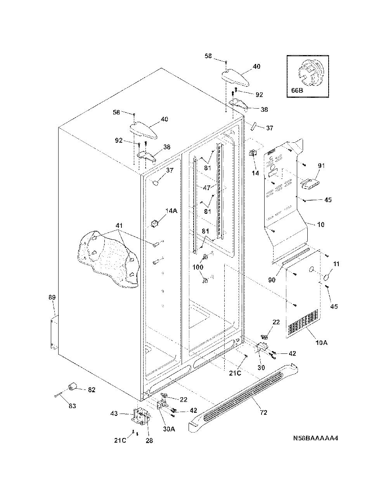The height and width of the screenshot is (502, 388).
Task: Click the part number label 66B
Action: pyautogui.click(x=297, y=90)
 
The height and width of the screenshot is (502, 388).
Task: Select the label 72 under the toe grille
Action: pyautogui.click(x=263, y=412)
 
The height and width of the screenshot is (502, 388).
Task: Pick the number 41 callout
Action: pyautogui.click(x=119, y=225)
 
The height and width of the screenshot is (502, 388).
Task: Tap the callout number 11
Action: pyautogui.click(x=336, y=264)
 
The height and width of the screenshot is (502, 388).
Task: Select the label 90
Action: pyautogui.click(x=272, y=280)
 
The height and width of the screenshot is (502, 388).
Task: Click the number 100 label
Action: pyautogui.click(x=198, y=267)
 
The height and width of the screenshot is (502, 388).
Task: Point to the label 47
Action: pyautogui.click(x=207, y=188)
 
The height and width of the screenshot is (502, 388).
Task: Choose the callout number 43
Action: pyautogui.click(x=114, y=413)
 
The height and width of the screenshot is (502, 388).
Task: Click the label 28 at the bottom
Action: pyautogui.click(x=149, y=441)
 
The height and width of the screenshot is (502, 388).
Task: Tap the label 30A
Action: pyautogui.click(x=169, y=429)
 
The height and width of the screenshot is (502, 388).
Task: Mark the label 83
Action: pyautogui.click(x=72, y=406)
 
